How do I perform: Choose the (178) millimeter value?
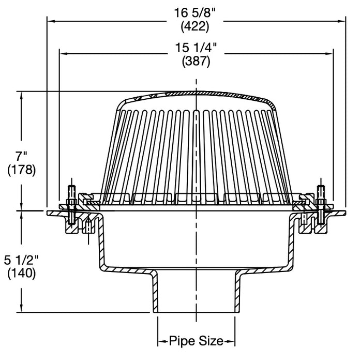click(x=21, y=170)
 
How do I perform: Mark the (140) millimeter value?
click(x=21, y=273)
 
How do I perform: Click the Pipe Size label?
click(x=197, y=341)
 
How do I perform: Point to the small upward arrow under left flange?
click(x=88, y=224)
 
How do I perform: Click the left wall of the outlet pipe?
click(x=155, y=292)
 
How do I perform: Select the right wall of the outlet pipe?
click(x=238, y=292)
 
